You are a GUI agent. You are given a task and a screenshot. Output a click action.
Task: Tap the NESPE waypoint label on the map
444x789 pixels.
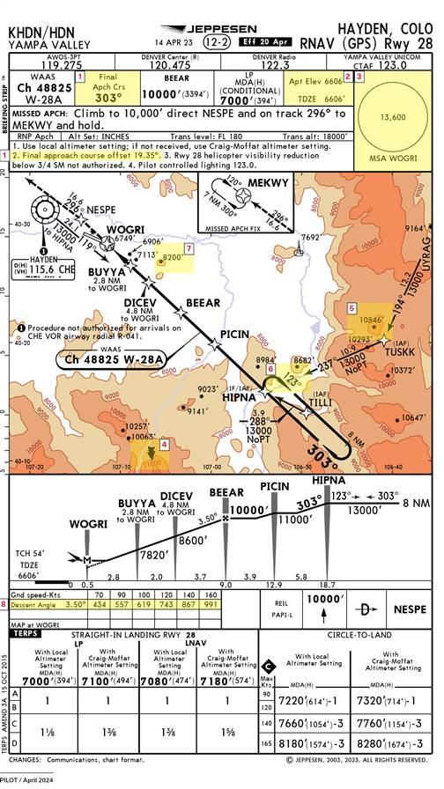coord(100,210)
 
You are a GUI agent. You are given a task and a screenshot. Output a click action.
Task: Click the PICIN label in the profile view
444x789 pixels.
coord(275,486)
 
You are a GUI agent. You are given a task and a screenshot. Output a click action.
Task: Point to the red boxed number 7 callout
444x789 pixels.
coord(189,248)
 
